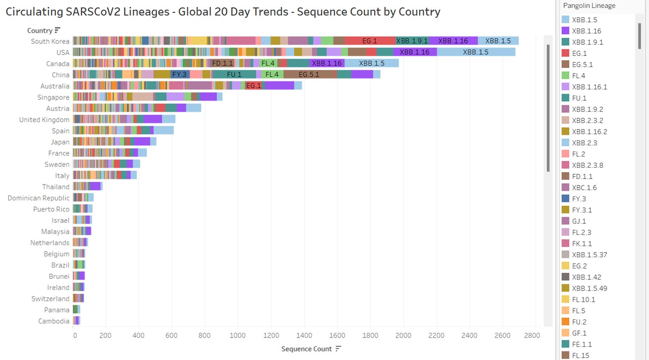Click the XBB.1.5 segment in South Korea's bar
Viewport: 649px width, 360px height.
pyautogui.click(x=498, y=41)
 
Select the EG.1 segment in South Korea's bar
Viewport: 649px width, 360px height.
pyautogui.click(x=370, y=41)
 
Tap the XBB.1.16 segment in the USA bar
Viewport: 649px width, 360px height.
pyautogui.click(x=414, y=52)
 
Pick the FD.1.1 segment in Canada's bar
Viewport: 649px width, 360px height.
pyautogui.click(x=222, y=63)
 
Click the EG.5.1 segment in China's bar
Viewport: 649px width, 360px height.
pyautogui.click(x=309, y=74)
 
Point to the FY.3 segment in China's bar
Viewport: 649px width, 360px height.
pyautogui.click(x=179, y=74)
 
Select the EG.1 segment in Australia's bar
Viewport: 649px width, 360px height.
pyautogui.click(x=253, y=86)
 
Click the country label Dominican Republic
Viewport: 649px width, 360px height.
pyautogui.click(x=39, y=198)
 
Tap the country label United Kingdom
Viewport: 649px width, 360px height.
pyautogui.click(x=44, y=120)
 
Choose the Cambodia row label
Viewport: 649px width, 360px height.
pyautogui.click(x=54, y=321)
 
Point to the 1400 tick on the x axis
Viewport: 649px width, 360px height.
pyautogui.click(x=304, y=335)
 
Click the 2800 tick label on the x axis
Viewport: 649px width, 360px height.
pyautogui.click(x=532, y=335)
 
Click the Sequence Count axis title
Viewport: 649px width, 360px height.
pyautogui.click(x=306, y=349)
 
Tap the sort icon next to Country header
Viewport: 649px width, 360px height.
pyautogui.click(x=58, y=30)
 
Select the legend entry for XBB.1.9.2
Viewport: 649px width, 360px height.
pyautogui.click(x=587, y=109)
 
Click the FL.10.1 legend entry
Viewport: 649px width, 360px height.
pyautogui.click(x=583, y=299)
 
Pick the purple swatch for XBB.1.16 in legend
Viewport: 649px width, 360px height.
pyautogui.click(x=566, y=31)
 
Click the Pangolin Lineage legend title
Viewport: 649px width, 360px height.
pyautogui.click(x=589, y=6)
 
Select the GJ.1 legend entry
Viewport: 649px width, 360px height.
pyautogui.click(x=578, y=221)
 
